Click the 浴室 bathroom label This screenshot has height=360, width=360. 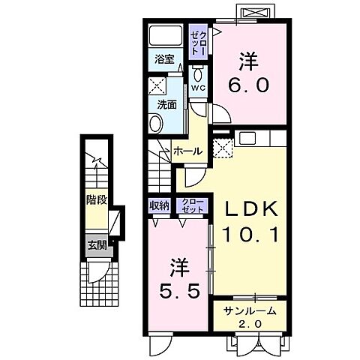[x=164, y=59]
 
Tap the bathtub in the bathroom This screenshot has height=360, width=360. [x=165, y=36]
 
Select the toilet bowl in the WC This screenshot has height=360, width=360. [x=199, y=73]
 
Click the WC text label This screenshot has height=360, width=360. [x=198, y=88]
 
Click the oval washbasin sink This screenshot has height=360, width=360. [x=156, y=124]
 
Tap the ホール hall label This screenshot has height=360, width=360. [x=187, y=151]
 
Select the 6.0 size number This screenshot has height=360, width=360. [x=248, y=85]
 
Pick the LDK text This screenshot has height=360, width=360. [x=251, y=208]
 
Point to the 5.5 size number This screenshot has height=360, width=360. [x=180, y=292]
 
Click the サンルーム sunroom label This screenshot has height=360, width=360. [x=250, y=311]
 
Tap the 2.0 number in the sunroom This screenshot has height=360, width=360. [x=250, y=324]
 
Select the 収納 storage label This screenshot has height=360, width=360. [x=159, y=205]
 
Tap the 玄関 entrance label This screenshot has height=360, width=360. [x=97, y=245]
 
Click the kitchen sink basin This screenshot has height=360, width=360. [x=247, y=138]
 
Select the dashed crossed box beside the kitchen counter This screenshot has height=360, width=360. [x=223, y=148]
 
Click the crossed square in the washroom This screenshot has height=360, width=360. [x=157, y=85]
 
